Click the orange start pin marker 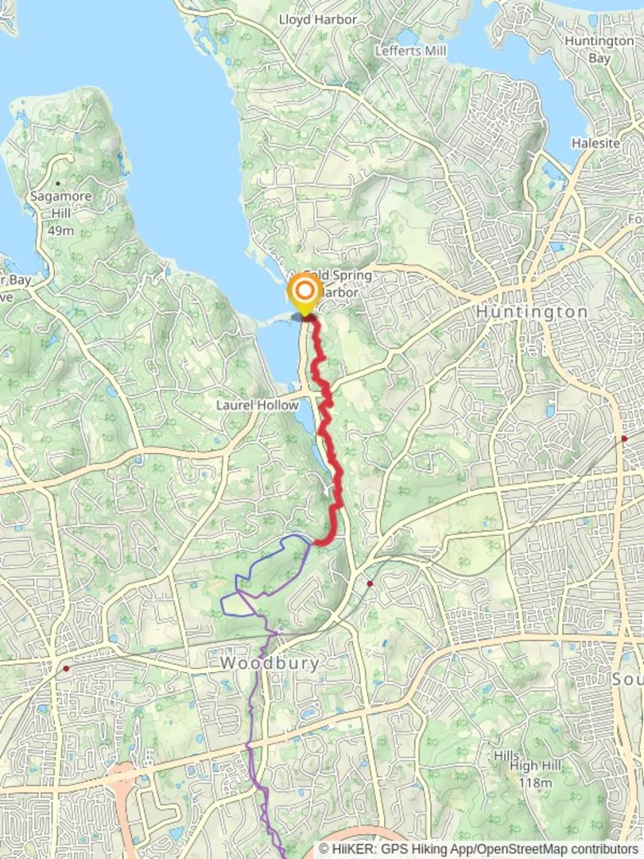click(x=305, y=293)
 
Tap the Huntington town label click(x=532, y=313)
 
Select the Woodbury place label click(x=270, y=663)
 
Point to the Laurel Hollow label click(x=258, y=405)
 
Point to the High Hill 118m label click(x=535, y=773)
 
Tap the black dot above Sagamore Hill click(x=58, y=184)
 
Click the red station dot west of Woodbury click(x=66, y=668)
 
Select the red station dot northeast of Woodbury click(x=370, y=584)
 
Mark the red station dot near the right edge click(x=625, y=438)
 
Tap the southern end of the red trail click(x=318, y=542)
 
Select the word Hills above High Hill click(x=506, y=756)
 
